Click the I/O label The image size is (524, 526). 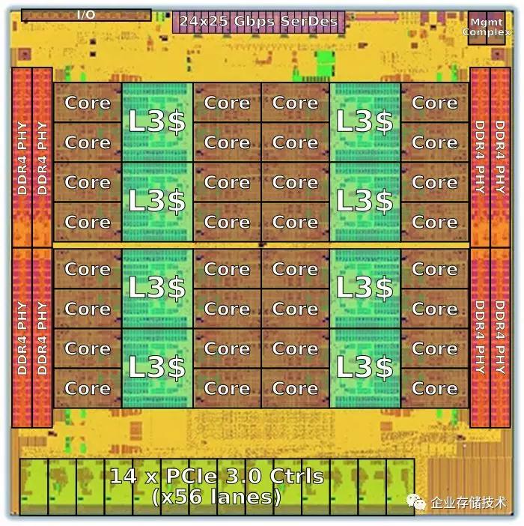tap(86, 15)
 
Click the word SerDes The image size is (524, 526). tap(308, 21)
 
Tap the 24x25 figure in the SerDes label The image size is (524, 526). tap(204, 21)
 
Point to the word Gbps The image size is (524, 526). tap(255, 22)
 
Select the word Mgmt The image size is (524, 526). tap(487, 22)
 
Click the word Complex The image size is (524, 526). tap(487, 32)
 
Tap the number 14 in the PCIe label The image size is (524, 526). tap(124, 476)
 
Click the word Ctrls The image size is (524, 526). tap(297, 476)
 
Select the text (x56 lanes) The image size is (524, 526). tap(216, 497)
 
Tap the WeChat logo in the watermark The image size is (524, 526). tap(416, 502)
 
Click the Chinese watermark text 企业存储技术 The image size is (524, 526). tap(469, 503)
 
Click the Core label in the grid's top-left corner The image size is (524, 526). tap(88, 103)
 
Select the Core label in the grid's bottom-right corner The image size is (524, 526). tap(434, 388)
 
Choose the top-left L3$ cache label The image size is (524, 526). tap(156, 121)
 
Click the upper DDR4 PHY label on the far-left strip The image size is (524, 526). tap(22, 158)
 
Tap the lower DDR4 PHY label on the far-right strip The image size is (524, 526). tap(500, 337)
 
